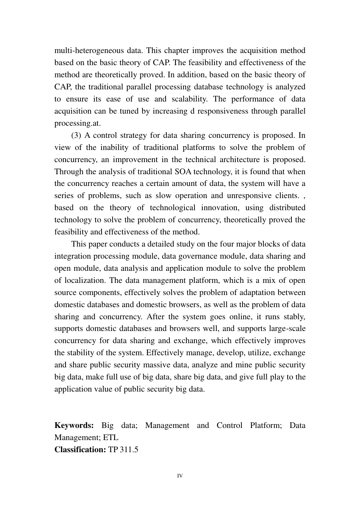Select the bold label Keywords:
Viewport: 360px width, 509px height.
point(74,425)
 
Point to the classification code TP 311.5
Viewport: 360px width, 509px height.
point(123,450)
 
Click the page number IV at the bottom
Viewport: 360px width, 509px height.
point(180,476)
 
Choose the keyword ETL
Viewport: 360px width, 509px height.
point(111,437)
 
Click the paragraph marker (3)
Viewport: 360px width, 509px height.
point(76,135)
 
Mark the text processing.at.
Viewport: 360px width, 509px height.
point(78,123)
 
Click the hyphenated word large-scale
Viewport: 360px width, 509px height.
point(287,328)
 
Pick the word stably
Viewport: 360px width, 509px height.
point(294,317)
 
